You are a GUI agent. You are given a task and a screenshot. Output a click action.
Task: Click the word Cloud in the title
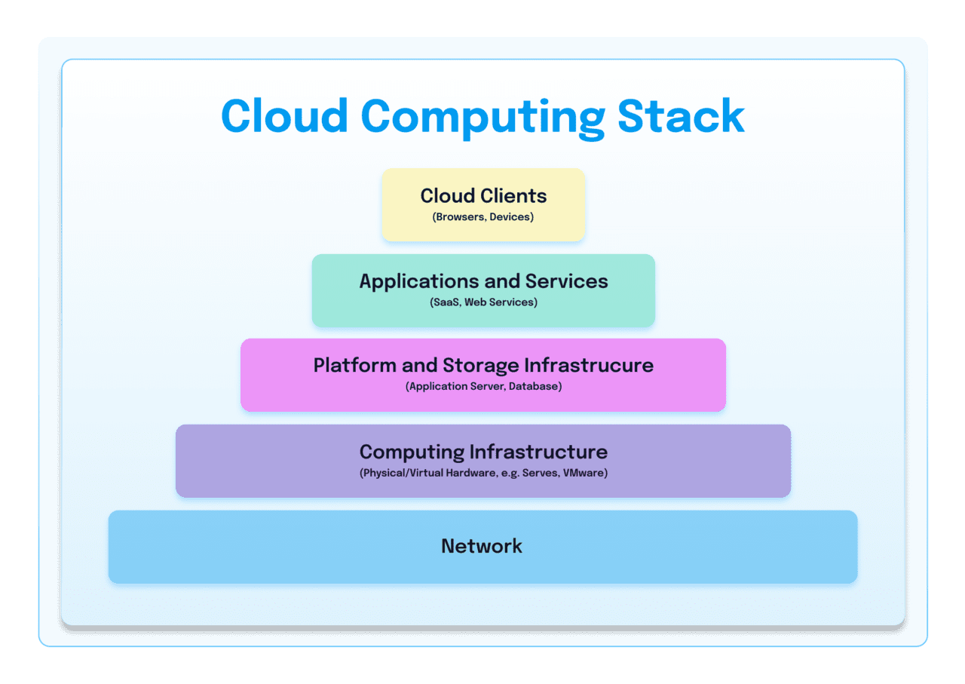coord(284,116)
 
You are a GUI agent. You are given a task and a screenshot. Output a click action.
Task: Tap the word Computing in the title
coord(482,118)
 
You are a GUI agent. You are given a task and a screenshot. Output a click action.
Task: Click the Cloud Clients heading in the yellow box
coord(483,196)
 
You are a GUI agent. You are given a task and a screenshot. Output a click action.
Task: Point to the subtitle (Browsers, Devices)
coord(482,217)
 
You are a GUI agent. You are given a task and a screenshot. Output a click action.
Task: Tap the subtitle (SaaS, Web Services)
coord(482,302)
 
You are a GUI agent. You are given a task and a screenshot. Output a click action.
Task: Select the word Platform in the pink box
coord(354,366)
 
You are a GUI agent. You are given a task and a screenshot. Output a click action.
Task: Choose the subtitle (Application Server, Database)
coord(483,387)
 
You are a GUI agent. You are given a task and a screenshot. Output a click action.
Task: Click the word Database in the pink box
coord(535,387)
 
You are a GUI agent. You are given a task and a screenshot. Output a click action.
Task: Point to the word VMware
coord(585,474)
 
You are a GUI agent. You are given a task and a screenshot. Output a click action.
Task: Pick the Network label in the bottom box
coord(482,546)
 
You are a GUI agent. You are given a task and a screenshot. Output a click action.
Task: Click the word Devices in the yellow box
coord(511,217)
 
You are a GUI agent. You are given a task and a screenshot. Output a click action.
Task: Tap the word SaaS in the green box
coord(444,302)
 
